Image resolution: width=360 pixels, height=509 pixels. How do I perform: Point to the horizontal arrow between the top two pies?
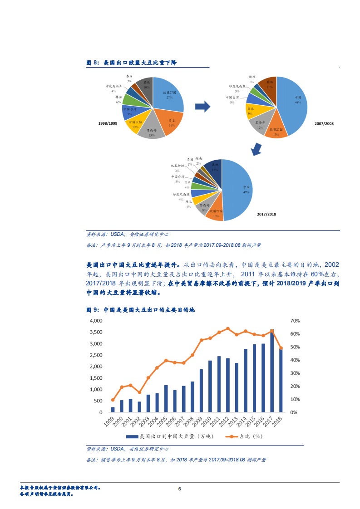[x=202, y=107]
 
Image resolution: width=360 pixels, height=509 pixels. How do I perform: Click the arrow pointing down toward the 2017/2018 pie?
[x=256, y=148]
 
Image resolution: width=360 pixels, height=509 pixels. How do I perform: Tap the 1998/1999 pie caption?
[x=108, y=123]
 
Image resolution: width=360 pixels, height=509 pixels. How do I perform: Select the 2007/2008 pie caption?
[x=324, y=123]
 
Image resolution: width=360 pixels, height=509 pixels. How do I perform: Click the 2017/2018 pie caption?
[x=266, y=214]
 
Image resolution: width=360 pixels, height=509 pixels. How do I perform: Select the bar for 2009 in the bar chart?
[x=201, y=391]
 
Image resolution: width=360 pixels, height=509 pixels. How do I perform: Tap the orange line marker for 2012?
[x=228, y=328]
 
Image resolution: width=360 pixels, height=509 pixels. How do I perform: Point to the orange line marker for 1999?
[x=113, y=400]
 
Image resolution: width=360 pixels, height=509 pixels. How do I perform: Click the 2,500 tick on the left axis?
[x=96, y=355]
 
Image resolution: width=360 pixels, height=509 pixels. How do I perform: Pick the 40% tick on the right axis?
[x=295, y=360]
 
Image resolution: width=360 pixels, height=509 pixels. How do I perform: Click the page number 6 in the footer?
[x=180, y=489]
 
